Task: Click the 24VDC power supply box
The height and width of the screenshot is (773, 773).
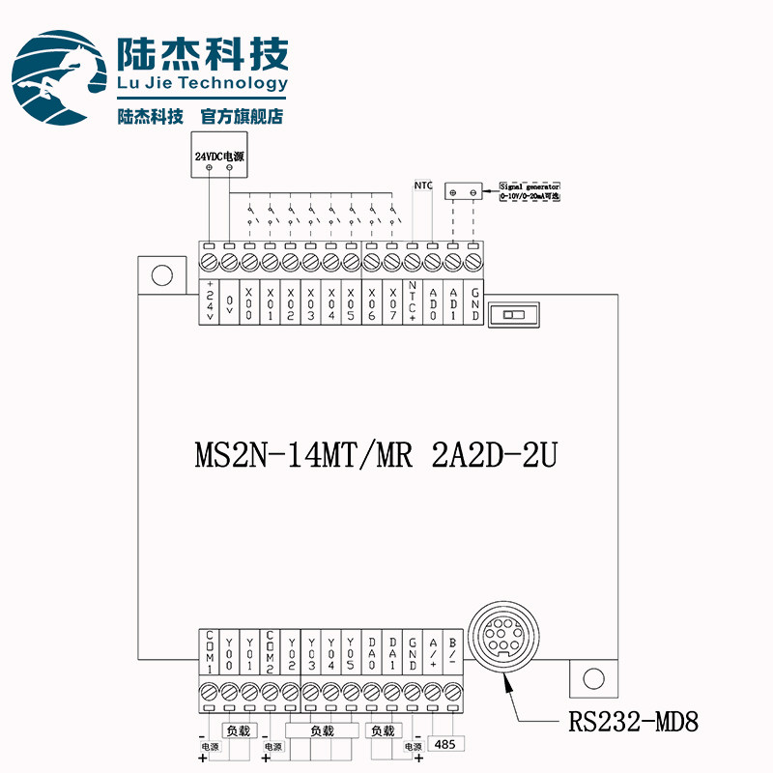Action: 219,157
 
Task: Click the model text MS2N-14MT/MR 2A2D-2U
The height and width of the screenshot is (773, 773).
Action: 376,454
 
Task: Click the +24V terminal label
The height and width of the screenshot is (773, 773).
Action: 210,301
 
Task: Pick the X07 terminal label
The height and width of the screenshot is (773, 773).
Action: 392,301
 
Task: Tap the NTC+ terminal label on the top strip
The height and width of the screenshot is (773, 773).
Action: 413,301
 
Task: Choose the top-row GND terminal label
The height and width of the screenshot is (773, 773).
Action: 474,301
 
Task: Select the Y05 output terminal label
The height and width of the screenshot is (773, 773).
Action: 352,652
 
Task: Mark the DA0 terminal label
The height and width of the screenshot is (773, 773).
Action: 372,652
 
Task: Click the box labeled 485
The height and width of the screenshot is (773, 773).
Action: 445,744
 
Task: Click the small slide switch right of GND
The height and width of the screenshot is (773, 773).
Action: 514,315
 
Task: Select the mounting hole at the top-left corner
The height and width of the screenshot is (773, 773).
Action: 161,275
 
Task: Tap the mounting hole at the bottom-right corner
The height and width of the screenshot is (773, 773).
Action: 592,678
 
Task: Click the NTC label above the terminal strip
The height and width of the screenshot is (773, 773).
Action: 422,184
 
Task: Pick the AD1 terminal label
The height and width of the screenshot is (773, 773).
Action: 454,301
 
